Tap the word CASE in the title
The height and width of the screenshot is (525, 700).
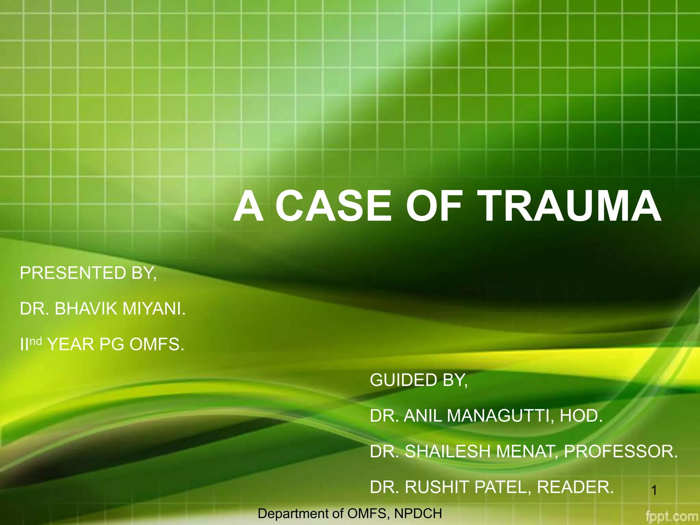point(333,206)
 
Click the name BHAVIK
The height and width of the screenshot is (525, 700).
point(86,309)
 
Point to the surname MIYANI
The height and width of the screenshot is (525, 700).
point(153,309)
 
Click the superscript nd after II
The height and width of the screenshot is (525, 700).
point(36,341)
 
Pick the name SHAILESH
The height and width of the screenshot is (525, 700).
point(448,452)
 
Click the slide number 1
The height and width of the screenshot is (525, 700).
point(654,491)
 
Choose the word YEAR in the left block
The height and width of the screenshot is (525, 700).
point(70,344)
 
